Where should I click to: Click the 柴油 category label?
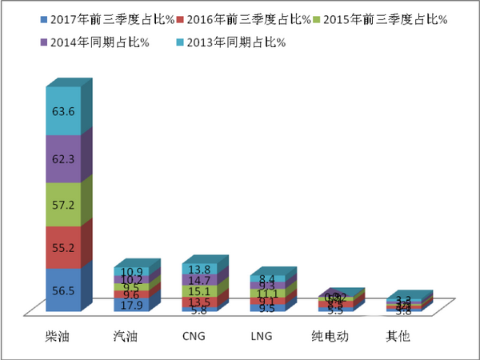[58, 336]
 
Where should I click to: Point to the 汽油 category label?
[127, 336]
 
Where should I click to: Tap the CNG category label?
[195, 336]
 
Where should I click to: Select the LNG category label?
[262, 336]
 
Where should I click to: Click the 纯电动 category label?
[330, 336]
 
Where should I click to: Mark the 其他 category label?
[398, 336]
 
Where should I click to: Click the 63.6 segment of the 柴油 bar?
[63, 111]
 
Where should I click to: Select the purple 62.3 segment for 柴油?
[63, 158]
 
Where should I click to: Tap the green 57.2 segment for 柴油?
[63, 204]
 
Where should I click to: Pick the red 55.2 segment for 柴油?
[63, 249]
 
